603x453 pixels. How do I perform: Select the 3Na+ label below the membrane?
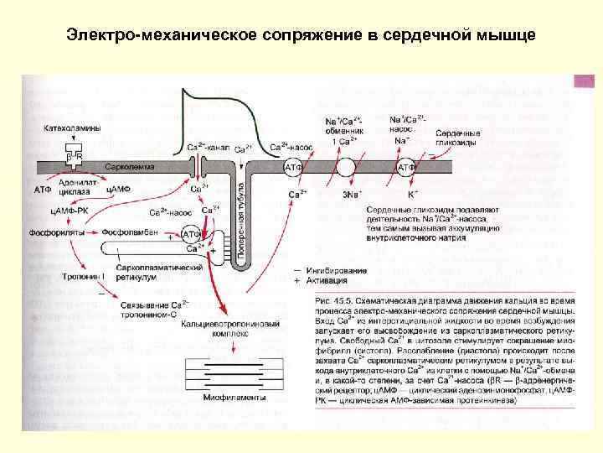pos(351,194)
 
